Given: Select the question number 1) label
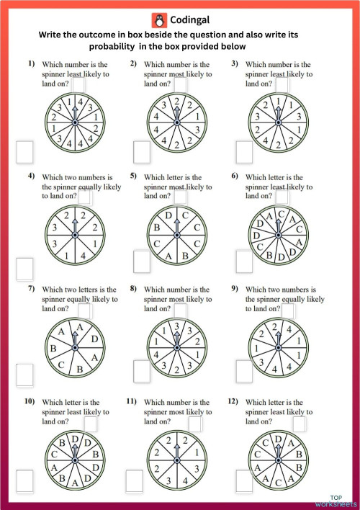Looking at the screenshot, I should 32,64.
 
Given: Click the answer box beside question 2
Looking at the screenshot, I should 179,84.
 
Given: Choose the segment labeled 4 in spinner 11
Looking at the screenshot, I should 186,478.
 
